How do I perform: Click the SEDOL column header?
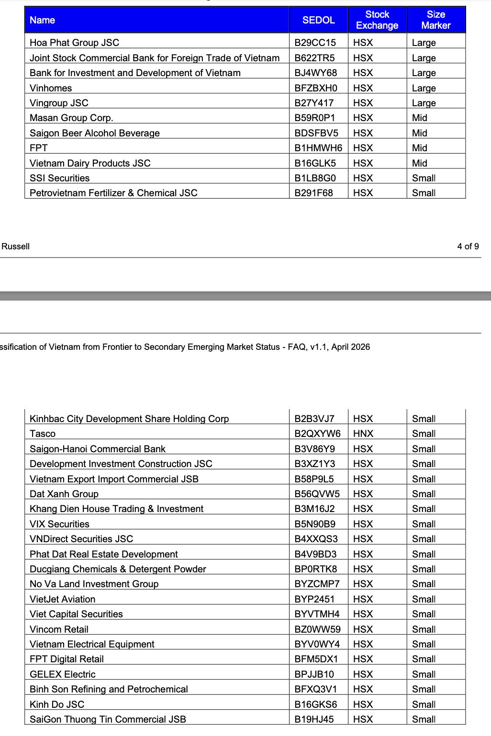pos(318,20)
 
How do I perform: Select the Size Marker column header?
pos(436,20)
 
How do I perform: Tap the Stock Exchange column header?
pos(377,20)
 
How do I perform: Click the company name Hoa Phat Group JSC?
pos(74,43)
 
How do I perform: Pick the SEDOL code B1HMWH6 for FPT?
pos(318,148)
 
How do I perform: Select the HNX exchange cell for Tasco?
pos(363,434)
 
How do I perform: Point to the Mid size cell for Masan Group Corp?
pos(420,118)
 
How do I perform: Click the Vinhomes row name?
pos(51,88)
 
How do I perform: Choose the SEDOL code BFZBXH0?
pos(316,88)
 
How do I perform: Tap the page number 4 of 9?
pos(468,246)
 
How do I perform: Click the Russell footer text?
pos(16,246)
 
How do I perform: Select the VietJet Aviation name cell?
pos(62,599)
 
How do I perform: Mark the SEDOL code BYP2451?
pos(314,599)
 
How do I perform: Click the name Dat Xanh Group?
pos(64,494)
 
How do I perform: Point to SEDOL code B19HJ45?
pos(314,719)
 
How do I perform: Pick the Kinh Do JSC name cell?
pos(57,704)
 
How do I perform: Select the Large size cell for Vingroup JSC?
pos(424,103)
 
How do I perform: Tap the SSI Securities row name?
pos(59,178)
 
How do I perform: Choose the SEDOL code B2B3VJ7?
pos(314,419)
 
